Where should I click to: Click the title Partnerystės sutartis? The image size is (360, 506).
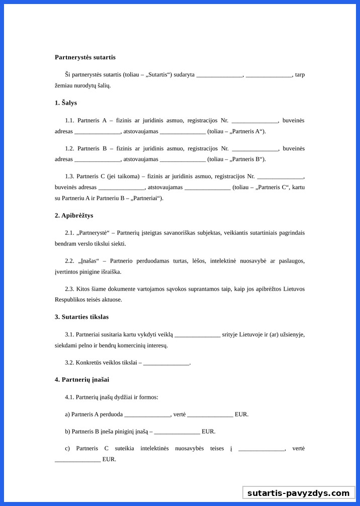[85, 57]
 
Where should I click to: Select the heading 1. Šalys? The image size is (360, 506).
[66, 103]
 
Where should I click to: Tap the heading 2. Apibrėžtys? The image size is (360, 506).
[74, 215]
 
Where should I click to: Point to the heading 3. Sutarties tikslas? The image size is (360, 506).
[81, 317]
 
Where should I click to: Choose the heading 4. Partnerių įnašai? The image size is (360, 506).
[82, 380]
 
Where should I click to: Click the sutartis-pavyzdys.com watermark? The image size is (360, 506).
[298, 493]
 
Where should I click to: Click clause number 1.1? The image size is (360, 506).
[69, 120]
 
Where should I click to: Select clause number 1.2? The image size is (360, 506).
[69, 148]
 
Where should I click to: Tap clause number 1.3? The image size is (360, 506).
[69, 176]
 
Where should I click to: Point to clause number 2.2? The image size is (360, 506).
[69, 261]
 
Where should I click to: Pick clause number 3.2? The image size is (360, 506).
[69, 362]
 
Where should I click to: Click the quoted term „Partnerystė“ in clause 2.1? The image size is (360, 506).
[93, 233]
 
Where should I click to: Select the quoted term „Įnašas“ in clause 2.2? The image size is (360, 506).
[89, 261]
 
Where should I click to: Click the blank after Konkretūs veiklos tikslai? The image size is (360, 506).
[166, 363]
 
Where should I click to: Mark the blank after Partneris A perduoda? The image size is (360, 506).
[147, 415]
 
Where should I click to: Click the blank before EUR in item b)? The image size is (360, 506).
[177, 432]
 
